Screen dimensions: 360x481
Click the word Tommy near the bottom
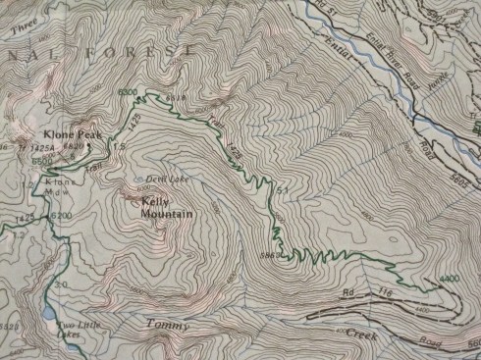(x=166, y=325)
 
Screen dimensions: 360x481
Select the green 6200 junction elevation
(x=61, y=216)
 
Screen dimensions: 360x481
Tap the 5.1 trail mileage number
(x=286, y=188)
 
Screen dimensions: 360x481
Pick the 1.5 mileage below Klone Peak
(x=120, y=148)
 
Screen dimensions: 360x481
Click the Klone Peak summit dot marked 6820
(x=88, y=147)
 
